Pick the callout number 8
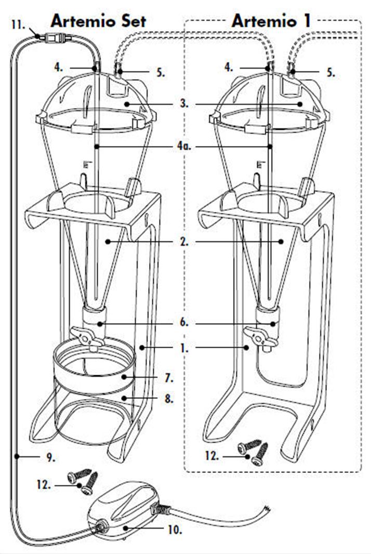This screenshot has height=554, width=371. point(183,399)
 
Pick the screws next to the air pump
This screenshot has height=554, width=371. point(83,480)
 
